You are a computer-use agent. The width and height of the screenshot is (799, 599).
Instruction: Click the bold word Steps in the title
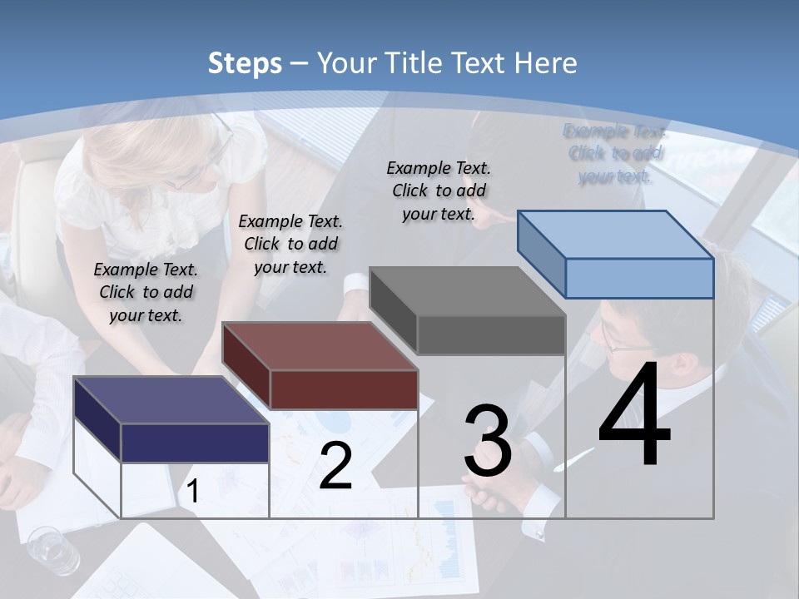(x=245, y=63)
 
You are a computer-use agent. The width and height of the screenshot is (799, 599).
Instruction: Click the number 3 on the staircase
(x=488, y=441)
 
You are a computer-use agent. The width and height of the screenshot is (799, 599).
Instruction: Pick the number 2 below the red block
(x=335, y=467)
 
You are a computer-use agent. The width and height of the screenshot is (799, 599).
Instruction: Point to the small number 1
(x=193, y=492)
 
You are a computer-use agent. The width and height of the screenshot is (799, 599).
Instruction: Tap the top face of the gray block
(x=467, y=291)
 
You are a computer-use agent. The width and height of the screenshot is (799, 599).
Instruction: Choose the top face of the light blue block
(x=616, y=235)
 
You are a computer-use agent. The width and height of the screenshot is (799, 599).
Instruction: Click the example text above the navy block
(x=146, y=292)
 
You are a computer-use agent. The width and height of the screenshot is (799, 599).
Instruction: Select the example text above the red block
(x=290, y=244)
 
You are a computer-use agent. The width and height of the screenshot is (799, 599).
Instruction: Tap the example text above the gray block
(x=439, y=191)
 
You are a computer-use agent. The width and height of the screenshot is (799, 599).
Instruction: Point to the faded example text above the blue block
(x=615, y=153)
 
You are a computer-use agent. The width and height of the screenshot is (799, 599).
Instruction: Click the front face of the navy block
(x=195, y=443)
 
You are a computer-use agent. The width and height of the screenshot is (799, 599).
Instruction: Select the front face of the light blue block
(x=639, y=279)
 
